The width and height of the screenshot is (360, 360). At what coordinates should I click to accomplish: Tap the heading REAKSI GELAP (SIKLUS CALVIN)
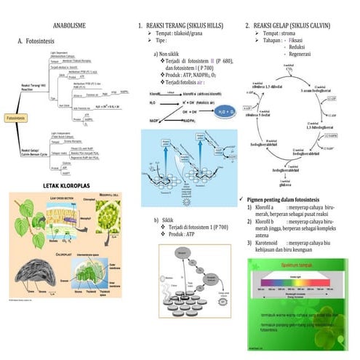click(x=295, y=25)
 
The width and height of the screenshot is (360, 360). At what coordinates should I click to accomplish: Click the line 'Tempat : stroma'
click(x=285, y=34)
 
